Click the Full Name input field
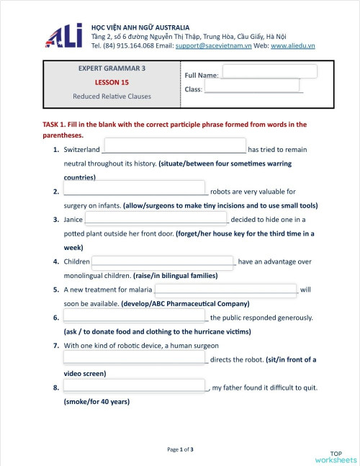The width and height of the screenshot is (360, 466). coord(269,71)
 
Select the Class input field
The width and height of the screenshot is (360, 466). coord(251,86)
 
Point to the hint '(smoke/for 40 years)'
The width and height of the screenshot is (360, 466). coord(96,402)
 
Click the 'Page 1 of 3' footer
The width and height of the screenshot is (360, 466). coord(180,449)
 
